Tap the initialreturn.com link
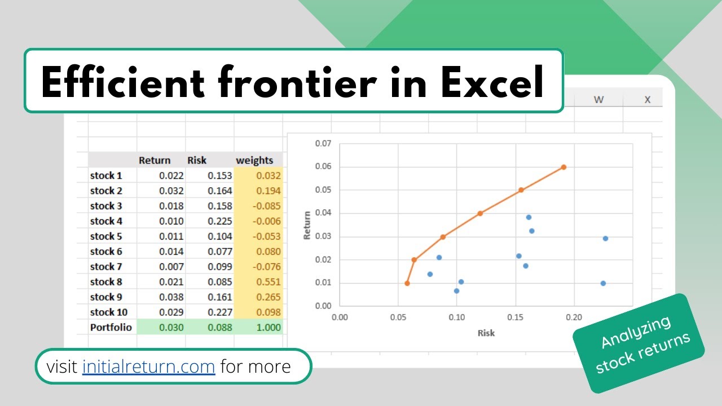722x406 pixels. (148, 367)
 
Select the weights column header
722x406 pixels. (254, 160)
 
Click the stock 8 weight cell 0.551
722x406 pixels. (268, 282)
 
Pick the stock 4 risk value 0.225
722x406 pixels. (219, 221)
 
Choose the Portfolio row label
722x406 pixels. (111, 328)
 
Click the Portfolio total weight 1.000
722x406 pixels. (268, 328)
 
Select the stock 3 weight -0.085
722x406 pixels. (267, 206)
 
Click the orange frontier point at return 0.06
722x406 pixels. (563, 167)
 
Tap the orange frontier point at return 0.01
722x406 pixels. (407, 283)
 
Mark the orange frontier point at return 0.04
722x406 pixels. (480, 213)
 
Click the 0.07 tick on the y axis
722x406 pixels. (323, 144)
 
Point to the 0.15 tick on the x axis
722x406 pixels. (516, 317)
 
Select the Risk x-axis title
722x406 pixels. (486, 333)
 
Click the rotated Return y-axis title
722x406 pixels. (307, 225)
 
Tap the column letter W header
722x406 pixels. (598, 100)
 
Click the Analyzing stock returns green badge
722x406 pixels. (639, 343)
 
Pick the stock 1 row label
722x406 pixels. (106, 175)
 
